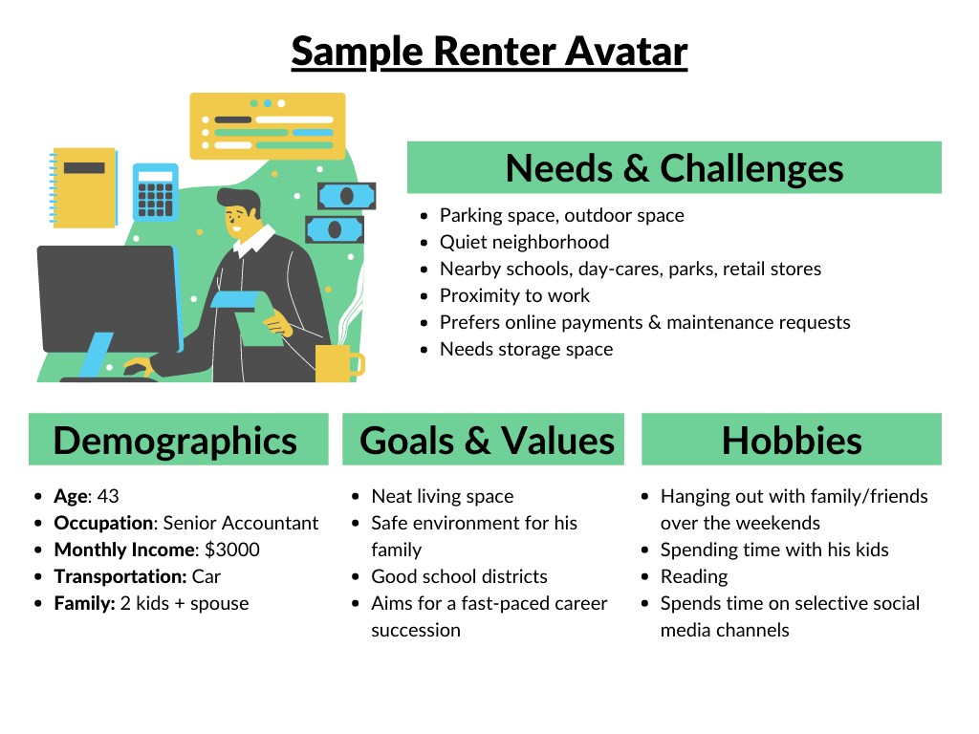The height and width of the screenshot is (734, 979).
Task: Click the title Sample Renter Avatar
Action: pyautogui.click(x=489, y=52)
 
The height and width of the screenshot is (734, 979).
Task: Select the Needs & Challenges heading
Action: pyautogui.click(x=674, y=168)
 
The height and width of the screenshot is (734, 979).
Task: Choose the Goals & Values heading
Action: pyautogui.click(x=487, y=441)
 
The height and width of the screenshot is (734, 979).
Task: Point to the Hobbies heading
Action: pyautogui.click(x=792, y=441)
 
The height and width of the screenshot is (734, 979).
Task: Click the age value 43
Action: pyautogui.click(x=108, y=496)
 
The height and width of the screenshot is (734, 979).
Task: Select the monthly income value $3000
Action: pyautogui.click(x=232, y=550)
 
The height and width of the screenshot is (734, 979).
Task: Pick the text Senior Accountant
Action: pyautogui.click(x=241, y=523)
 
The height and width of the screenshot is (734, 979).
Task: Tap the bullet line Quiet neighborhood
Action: pyautogui.click(x=524, y=242)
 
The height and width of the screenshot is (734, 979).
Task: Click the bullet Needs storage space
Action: pyautogui.click(x=526, y=349)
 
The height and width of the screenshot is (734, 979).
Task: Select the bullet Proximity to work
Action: pyautogui.click(x=514, y=295)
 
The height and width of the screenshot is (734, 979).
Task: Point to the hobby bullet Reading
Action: pyautogui.click(x=694, y=576)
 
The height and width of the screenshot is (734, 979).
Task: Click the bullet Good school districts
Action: pyautogui.click(x=459, y=576)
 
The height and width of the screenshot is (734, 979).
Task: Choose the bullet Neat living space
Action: pyautogui.click(x=443, y=496)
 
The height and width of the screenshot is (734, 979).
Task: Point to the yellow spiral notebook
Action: pyautogui.click(x=83, y=187)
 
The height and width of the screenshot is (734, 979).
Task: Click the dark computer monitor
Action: pyautogui.click(x=107, y=297)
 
